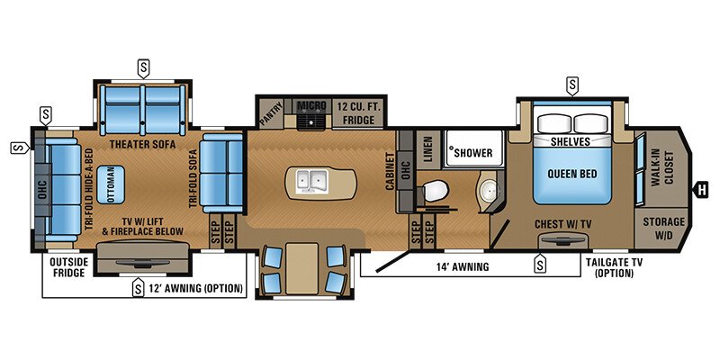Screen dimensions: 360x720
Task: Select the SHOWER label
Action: pos(472,153)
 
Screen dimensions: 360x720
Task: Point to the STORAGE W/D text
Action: pos(663,228)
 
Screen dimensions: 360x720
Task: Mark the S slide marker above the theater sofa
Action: pos(142,67)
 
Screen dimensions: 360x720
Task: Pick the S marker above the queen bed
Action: pos(573,85)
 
